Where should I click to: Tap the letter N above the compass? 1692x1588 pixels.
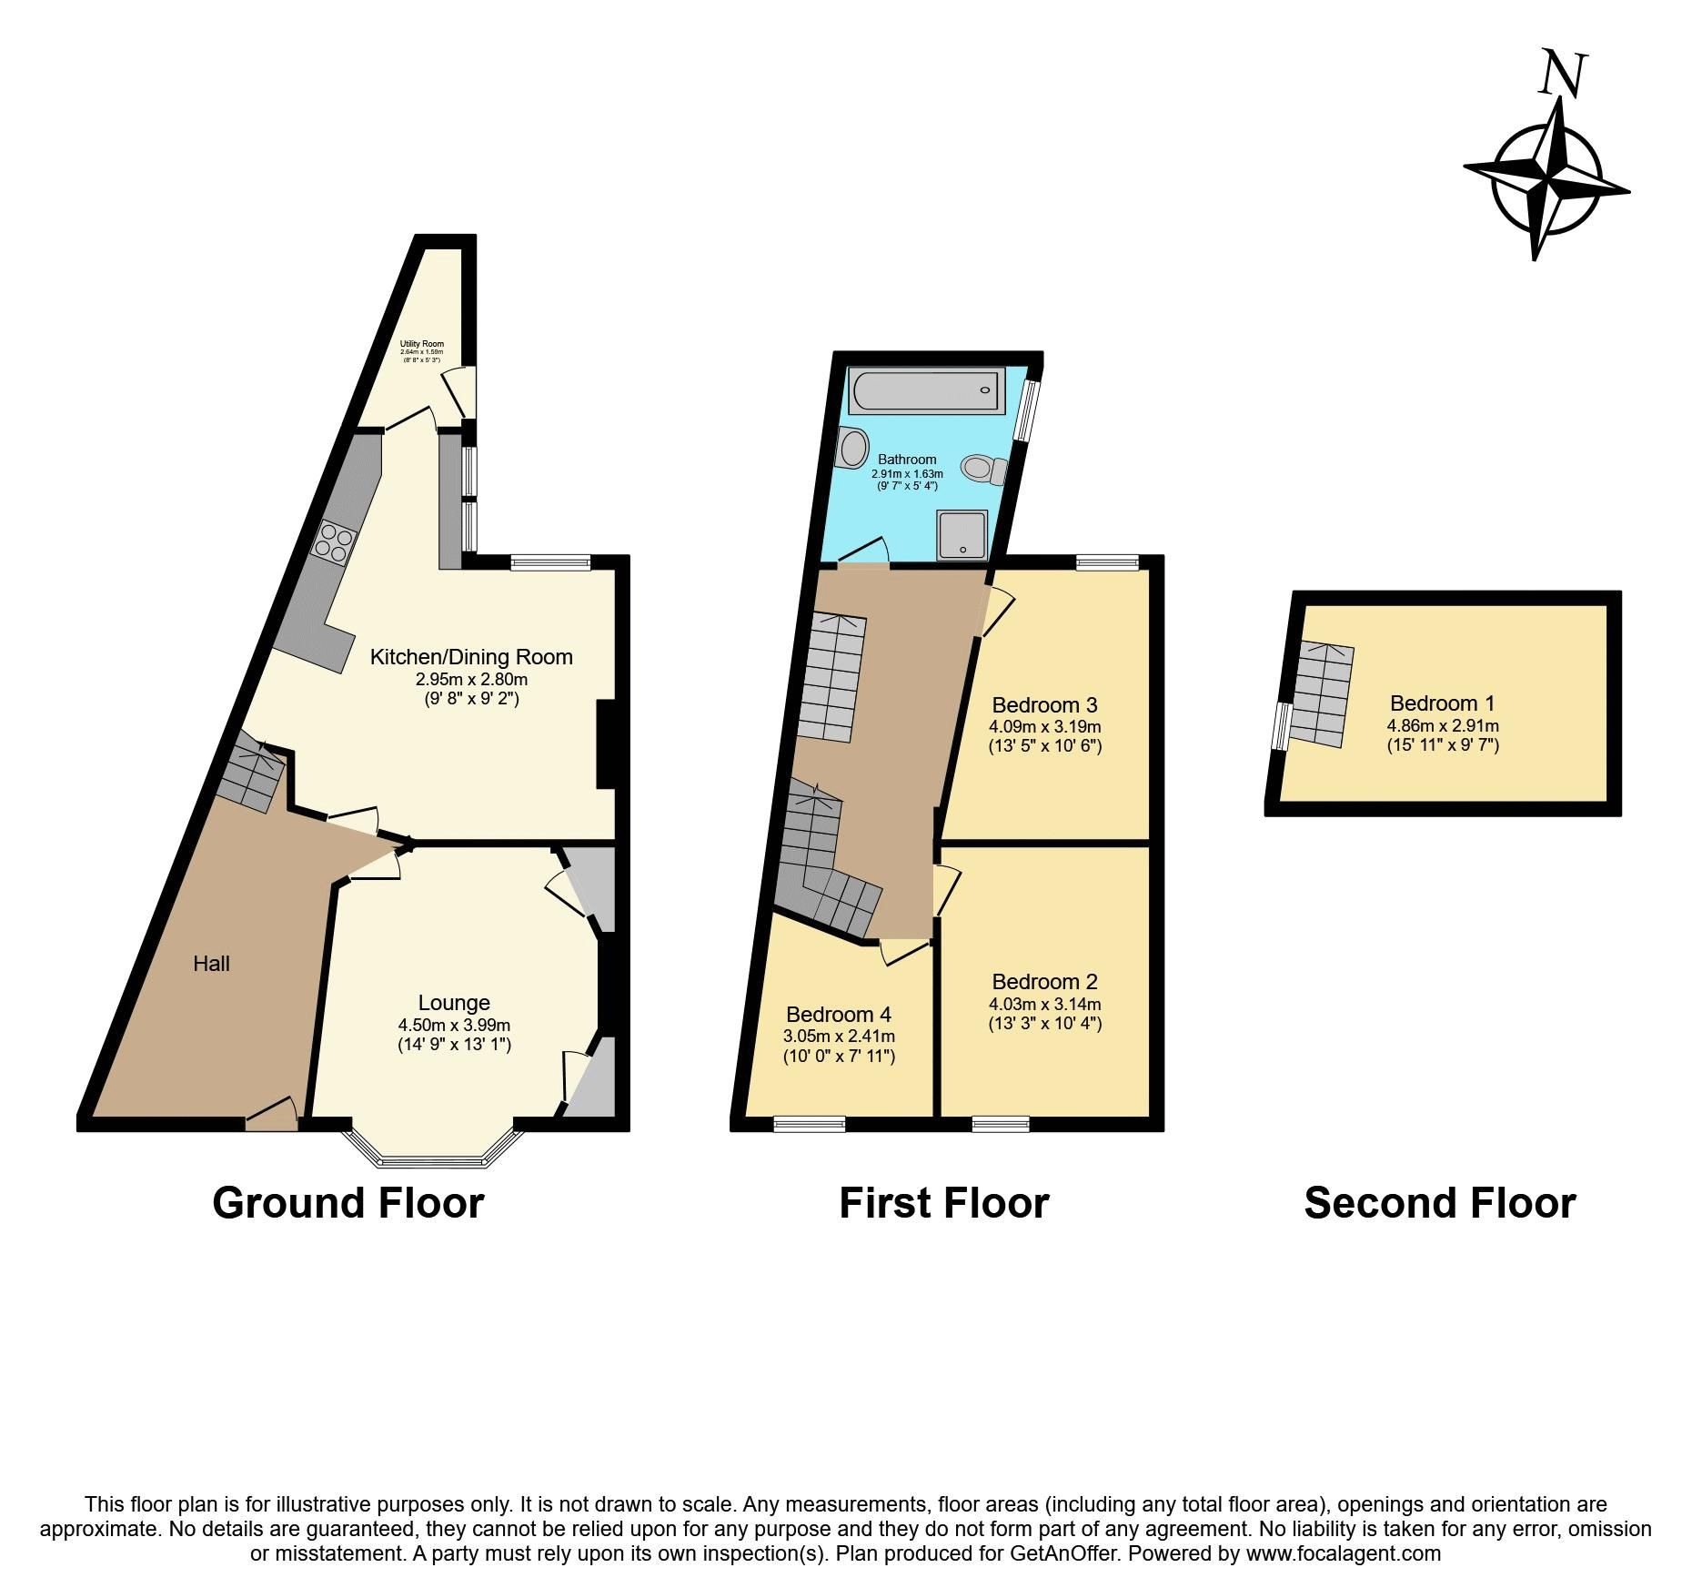coord(1563,75)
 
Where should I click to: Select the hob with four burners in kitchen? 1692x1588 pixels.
coord(333,542)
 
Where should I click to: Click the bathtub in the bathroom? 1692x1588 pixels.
coord(927,391)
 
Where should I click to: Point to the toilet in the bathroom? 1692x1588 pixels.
coord(983,469)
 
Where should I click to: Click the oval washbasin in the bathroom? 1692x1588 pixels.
coord(853,448)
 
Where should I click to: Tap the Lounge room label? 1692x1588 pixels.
coord(454,1003)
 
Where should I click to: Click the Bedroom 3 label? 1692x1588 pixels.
coord(1044,704)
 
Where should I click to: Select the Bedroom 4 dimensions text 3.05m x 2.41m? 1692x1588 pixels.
coord(839,1036)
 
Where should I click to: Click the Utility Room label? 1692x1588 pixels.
coord(422,344)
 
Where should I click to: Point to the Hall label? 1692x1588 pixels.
coord(211,964)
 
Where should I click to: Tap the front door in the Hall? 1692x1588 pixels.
coord(271,1118)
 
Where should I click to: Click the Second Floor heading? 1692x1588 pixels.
coord(1439,1203)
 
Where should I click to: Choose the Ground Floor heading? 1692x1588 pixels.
coord(347,1203)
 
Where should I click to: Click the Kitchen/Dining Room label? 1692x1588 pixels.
coord(471,656)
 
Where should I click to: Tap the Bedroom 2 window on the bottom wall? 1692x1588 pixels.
coord(1001,1124)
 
